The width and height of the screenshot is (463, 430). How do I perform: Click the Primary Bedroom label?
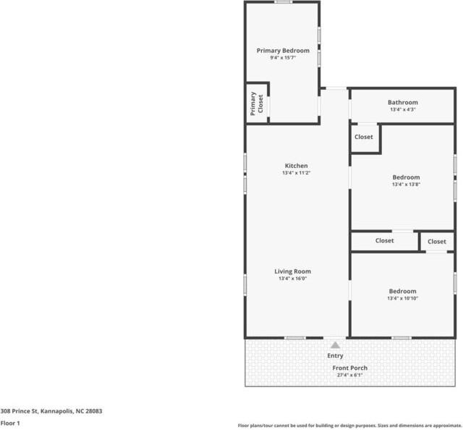(x=283, y=51)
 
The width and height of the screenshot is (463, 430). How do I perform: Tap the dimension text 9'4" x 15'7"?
(x=283, y=58)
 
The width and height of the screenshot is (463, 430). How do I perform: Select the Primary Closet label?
(x=257, y=103)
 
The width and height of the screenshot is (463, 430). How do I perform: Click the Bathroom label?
(x=402, y=103)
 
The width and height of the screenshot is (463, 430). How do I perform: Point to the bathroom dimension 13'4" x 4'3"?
(x=402, y=110)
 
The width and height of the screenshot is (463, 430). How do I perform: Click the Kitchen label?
(x=296, y=166)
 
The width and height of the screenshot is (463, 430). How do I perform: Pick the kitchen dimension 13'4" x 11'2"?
(x=296, y=174)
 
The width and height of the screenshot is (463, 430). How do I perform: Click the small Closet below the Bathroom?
(x=364, y=137)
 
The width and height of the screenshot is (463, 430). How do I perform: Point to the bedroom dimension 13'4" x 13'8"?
(x=406, y=185)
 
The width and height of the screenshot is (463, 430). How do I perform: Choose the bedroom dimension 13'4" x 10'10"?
(x=402, y=298)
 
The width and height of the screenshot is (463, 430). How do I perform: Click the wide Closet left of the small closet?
(x=384, y=241)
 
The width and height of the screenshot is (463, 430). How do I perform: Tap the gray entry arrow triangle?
(x=335, y=345)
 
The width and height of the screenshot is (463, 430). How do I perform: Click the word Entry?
(x=335, y=355)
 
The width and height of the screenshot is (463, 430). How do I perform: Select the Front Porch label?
(x=350, y=368)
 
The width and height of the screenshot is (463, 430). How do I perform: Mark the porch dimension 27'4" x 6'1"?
(x=350, y=375)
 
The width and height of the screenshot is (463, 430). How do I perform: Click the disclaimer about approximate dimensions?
(x=349, y=425)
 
